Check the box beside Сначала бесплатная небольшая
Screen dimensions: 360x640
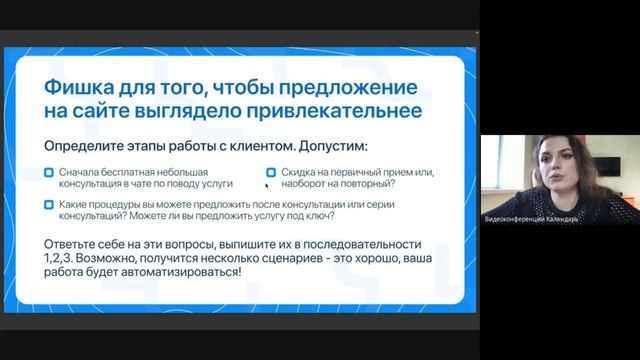point(50,172)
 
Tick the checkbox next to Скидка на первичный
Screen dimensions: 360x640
point(271,172)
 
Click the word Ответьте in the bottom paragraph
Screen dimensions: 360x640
point(74,244)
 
